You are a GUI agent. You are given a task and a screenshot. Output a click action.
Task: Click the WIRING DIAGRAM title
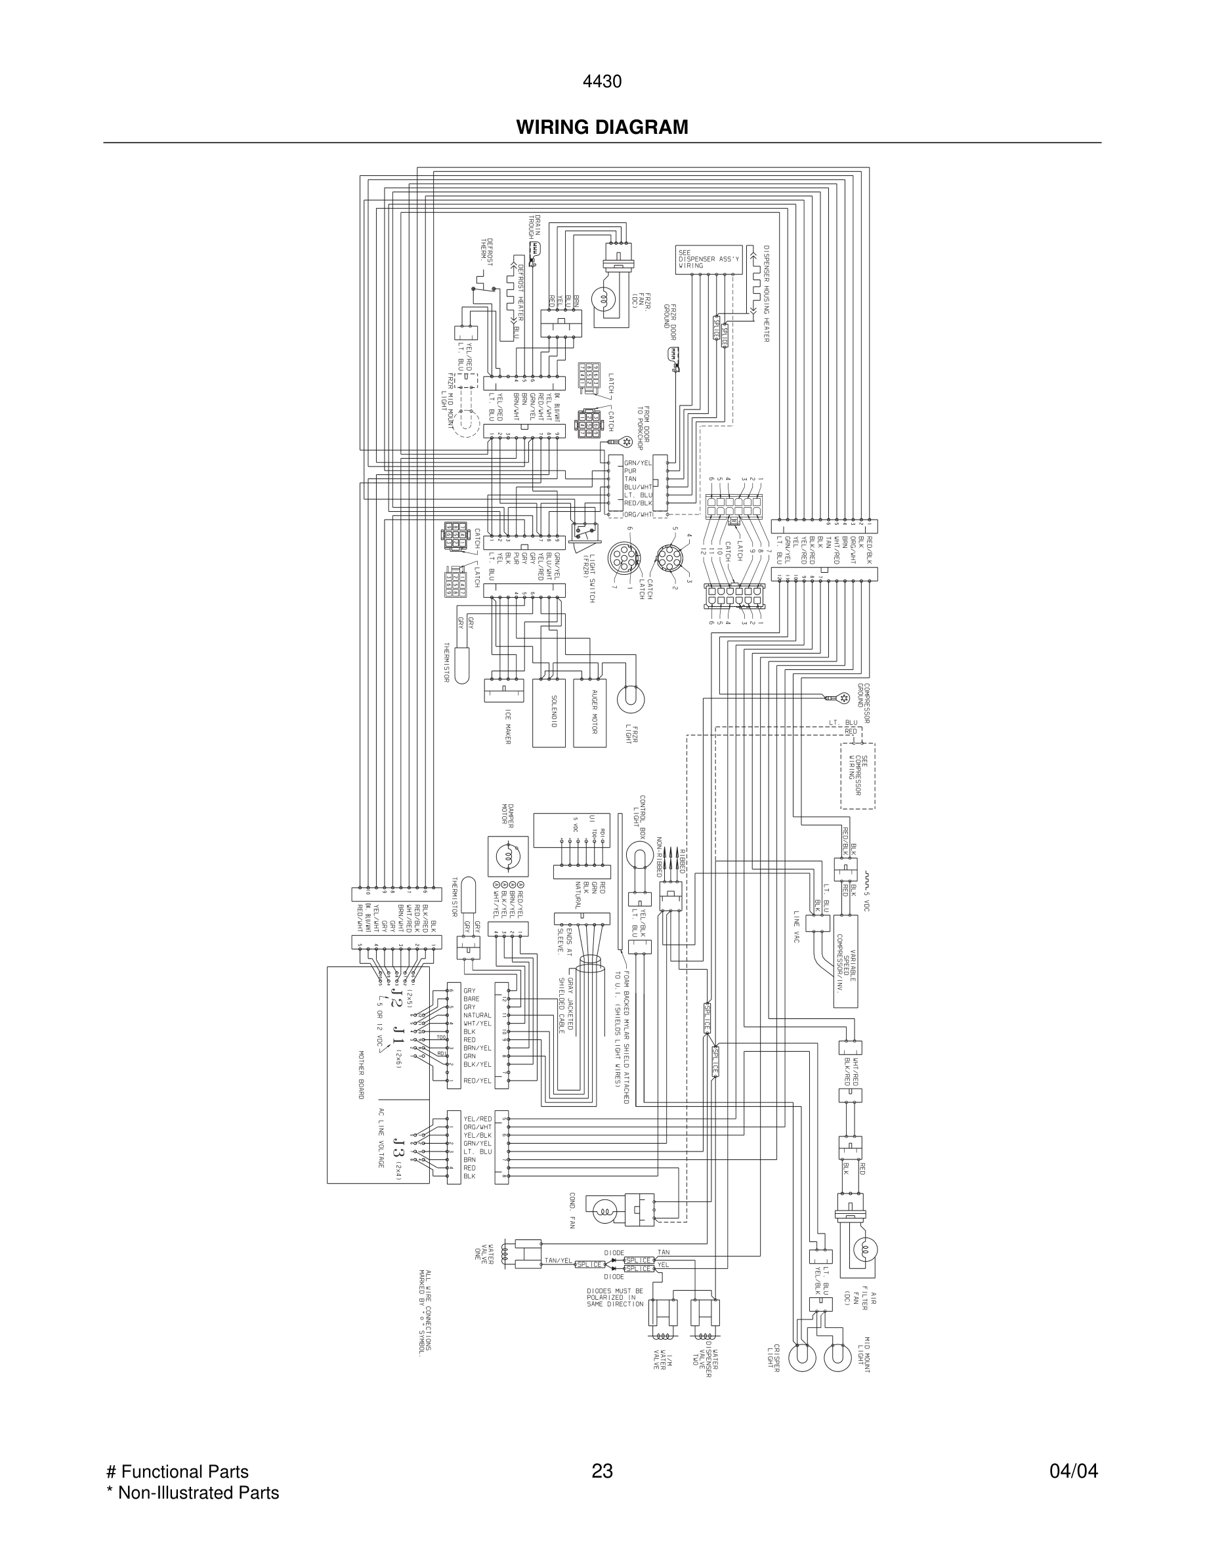[602, 127]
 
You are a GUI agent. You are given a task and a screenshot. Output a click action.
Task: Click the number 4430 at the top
[602, 82]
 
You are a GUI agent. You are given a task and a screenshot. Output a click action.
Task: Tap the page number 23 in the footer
[602, 1471]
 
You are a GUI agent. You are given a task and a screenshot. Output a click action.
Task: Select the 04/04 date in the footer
[1073, 1471]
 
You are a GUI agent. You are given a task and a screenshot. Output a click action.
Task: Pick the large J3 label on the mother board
[398, 1151]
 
